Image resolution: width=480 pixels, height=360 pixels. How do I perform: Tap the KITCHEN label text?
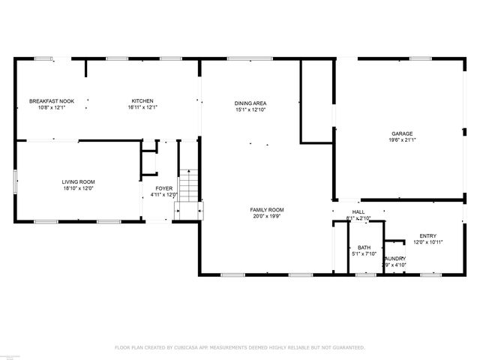point(142,101)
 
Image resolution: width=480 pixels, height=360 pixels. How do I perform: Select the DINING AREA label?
point(250,103)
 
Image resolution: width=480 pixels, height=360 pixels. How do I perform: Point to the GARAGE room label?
point(402,133)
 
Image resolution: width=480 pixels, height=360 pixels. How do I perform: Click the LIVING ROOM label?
point(78,181)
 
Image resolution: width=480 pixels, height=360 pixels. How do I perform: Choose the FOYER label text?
point(163,188)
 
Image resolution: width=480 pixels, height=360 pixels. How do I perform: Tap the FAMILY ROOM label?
point(267,210)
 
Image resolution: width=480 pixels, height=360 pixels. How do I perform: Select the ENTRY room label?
point(427,235)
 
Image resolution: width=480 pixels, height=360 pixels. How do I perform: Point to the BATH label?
point(364,247)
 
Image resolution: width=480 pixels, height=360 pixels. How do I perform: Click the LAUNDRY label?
point(394,259)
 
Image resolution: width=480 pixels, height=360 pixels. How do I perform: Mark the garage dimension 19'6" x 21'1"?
point(402,139)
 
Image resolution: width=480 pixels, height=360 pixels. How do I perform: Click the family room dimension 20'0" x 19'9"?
point(267,217)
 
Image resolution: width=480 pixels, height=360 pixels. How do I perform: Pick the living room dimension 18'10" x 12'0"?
point(78,188)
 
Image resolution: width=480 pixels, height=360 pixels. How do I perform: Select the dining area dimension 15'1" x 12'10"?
point(250,110)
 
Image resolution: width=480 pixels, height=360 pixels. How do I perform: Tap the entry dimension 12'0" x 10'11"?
point(428,242)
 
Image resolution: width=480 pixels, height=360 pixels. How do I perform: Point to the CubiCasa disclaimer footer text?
point(239,347)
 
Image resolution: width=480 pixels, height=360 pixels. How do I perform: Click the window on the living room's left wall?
point(16,181)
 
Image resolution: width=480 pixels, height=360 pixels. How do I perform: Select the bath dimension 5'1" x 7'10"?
point(364,254)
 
